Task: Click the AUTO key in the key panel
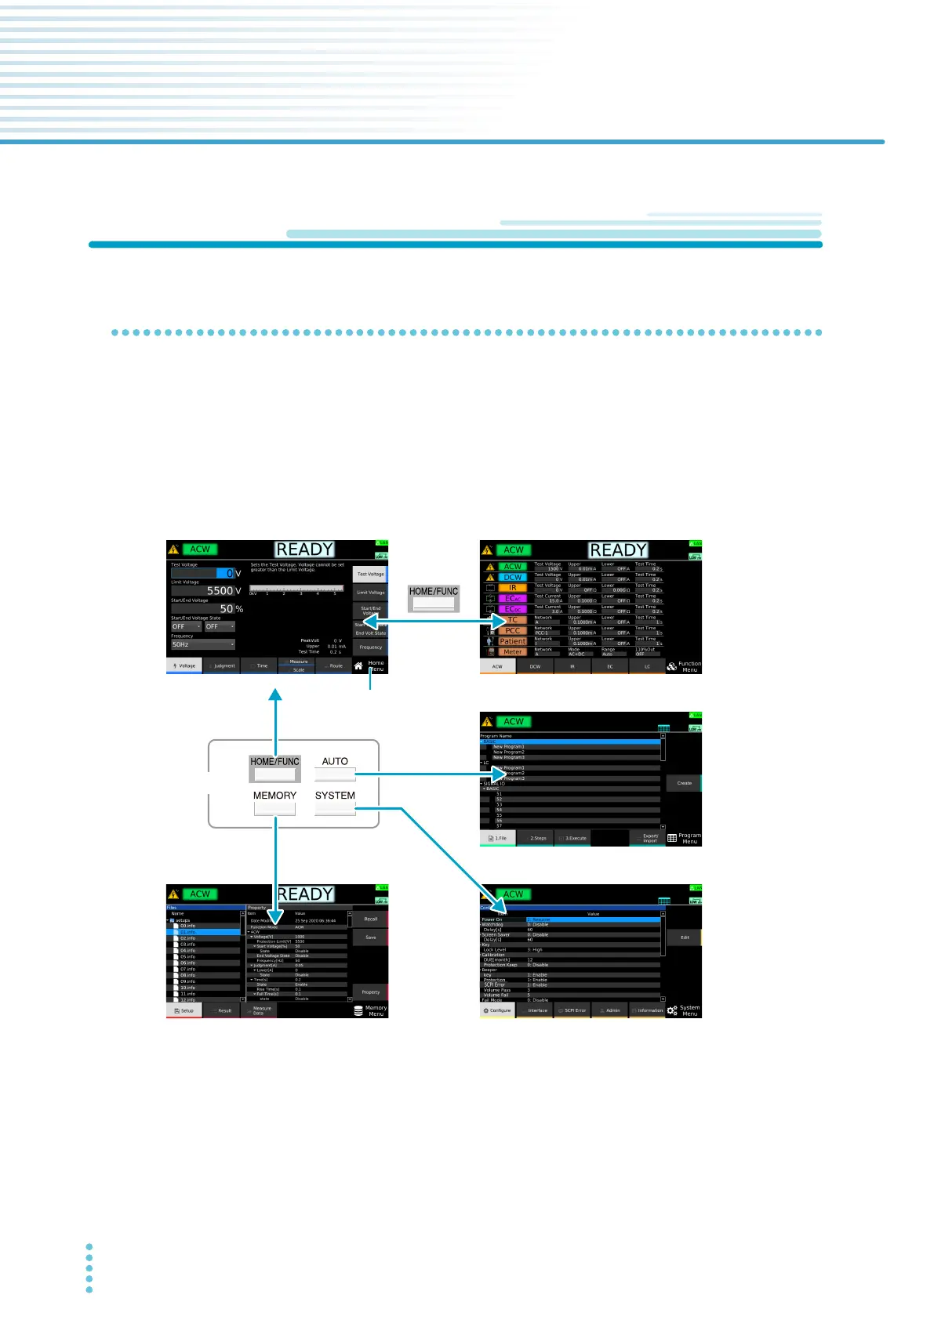coord(335,774)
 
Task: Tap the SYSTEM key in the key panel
coord(335,808)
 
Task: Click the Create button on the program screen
coord(684,783)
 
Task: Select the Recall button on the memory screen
coord(370,919)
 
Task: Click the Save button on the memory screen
coord(370,937)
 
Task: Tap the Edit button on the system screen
coord(684,937)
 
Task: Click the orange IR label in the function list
coord(513,587)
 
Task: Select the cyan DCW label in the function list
coord(513,577)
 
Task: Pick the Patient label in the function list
coord(513,641)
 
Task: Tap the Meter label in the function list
coord(513,652)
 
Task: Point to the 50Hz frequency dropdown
coord(203,644)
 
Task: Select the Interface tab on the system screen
coord(537,1010)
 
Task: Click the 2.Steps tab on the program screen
coord(537,838)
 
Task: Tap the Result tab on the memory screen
coord(224,1010)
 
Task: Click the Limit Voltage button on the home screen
coord(370,593)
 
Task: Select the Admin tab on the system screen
coord(612,1010)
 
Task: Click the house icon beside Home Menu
coord(358,666)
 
